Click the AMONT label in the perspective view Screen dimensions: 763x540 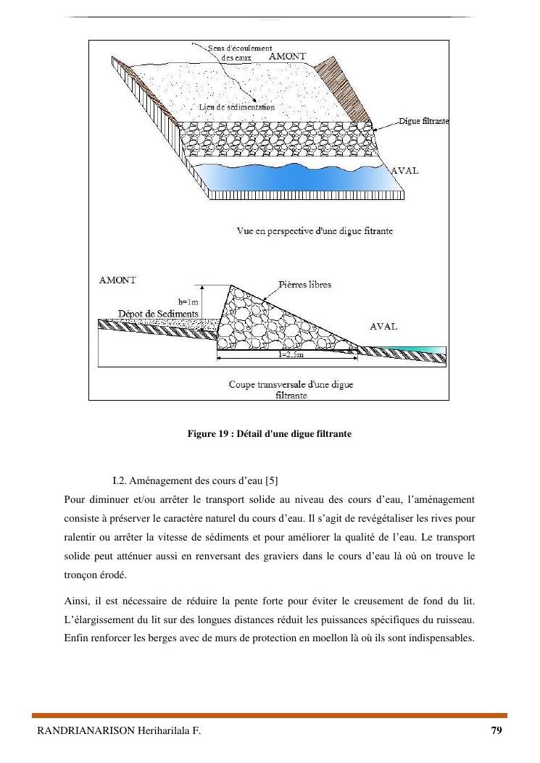[x=287, y=56]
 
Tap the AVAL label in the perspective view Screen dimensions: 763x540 [x=404, y=171]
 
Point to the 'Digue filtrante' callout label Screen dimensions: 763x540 [x=424, y=121]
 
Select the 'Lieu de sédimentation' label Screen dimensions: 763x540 [x=236, y=107]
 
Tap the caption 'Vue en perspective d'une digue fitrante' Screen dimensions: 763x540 [x=315, y=230]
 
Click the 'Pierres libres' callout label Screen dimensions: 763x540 [x=304, y=285]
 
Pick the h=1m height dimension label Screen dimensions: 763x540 [x=188, y=301]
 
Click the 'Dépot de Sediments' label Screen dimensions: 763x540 [x=158, y=313]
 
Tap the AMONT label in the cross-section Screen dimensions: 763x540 [x=117, y=280]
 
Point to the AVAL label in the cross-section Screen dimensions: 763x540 [x=383, y=327]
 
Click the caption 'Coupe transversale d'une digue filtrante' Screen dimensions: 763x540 [x=291, y=390]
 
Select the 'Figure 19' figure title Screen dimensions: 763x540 [x=269, y=434]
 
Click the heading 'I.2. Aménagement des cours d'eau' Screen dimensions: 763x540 [x=188, y=481]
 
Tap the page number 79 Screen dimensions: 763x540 [x=496, y=730]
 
